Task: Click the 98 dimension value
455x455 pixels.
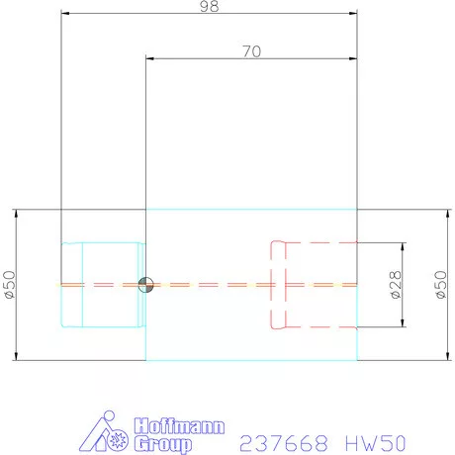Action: pos(208,6)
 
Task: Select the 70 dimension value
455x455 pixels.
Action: pos(251,52)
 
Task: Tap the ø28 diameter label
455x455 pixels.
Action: pos(395,285)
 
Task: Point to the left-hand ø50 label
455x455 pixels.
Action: pos(10,285)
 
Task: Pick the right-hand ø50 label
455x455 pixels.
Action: pos(441,285)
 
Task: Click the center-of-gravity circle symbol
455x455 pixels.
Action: pos(146,285)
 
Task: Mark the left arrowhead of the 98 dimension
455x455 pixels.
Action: pos(65,14)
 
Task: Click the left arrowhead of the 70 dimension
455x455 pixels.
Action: pos(150,60)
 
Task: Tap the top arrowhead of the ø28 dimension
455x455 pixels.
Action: pos(405,246)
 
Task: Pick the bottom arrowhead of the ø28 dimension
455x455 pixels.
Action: pos(405,324)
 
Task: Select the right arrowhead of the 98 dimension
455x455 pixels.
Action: pos(353,14)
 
